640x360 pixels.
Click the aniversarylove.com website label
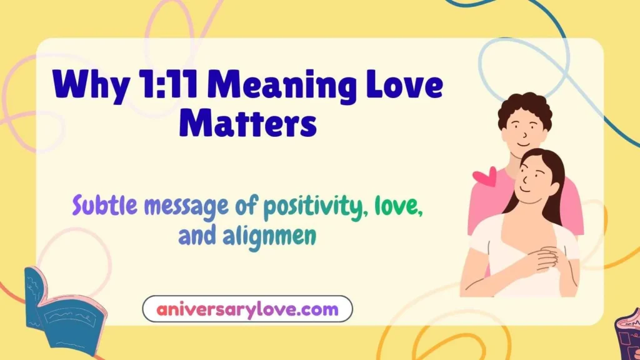pyautogui.click(x=247, y=309)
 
